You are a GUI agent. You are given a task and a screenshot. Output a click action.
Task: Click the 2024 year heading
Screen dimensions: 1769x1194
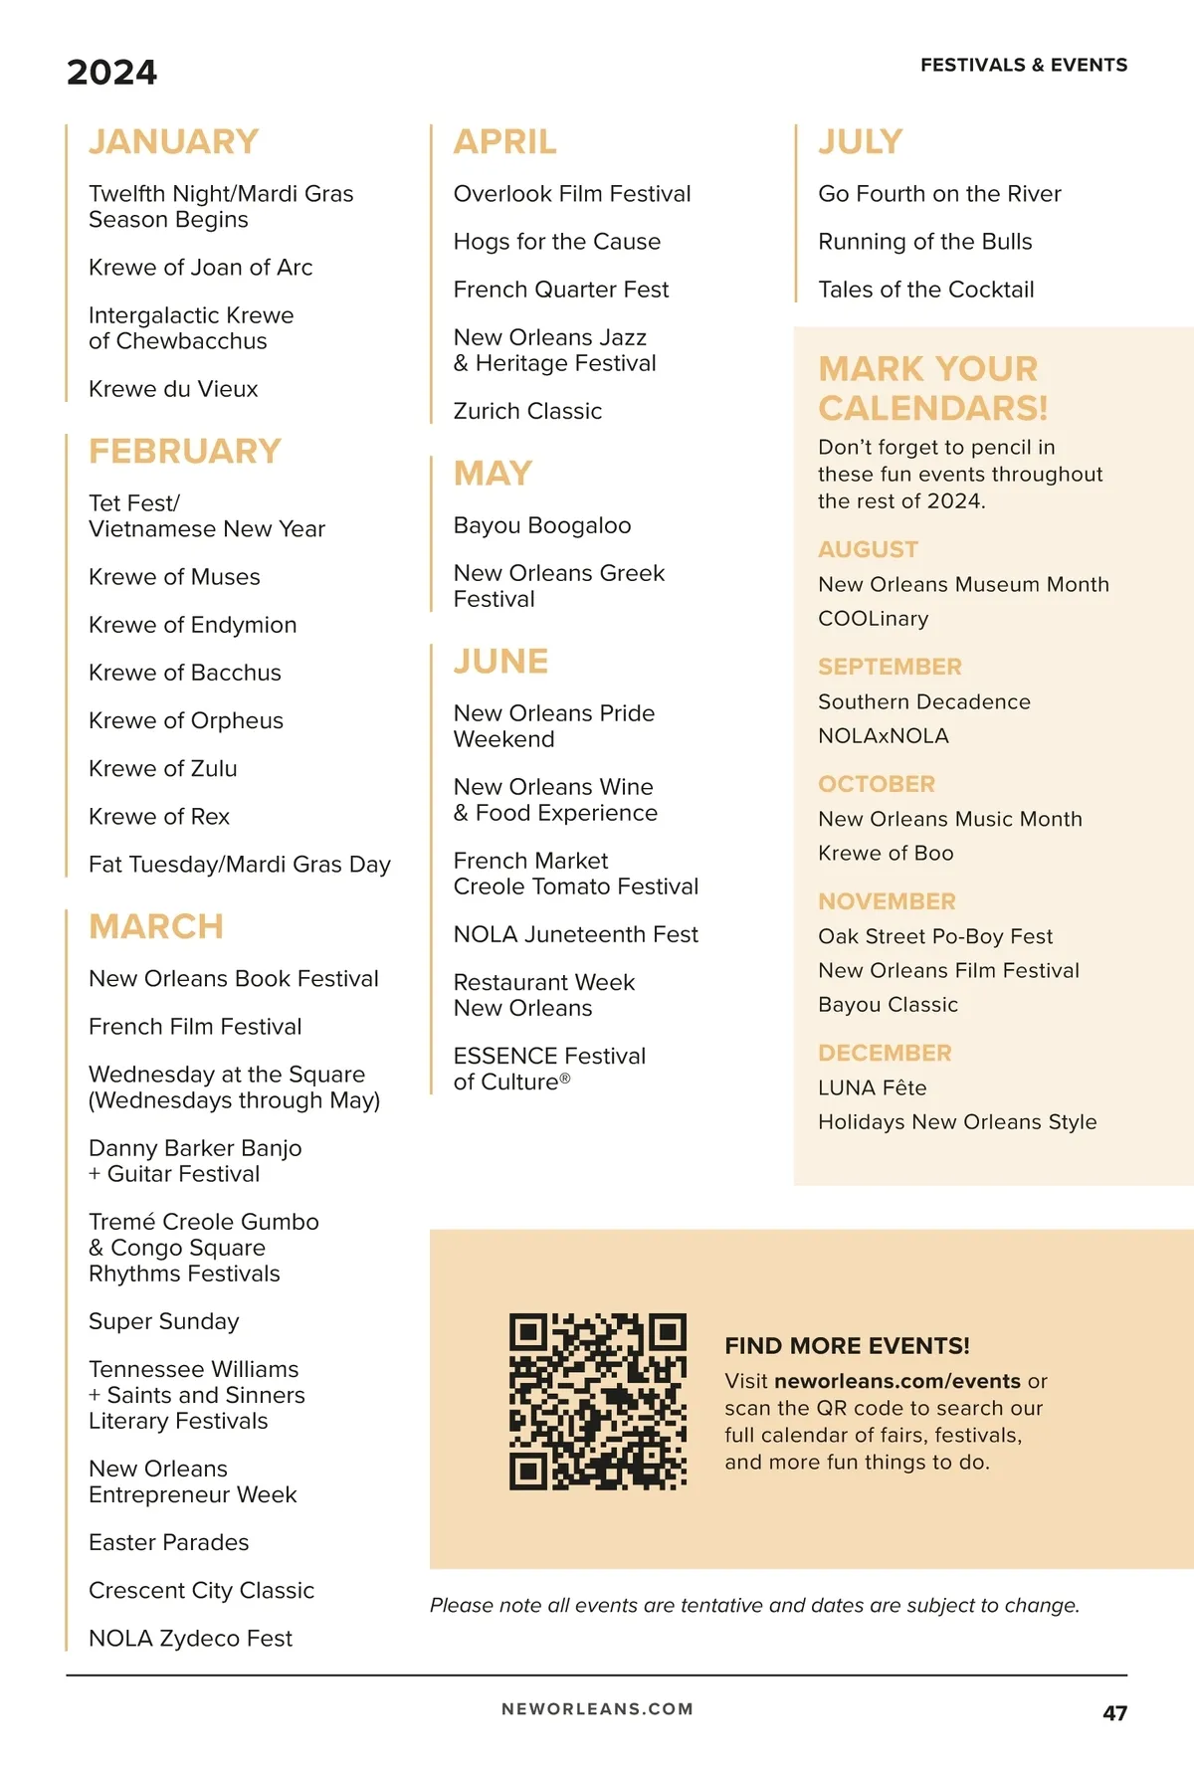pos(111,73)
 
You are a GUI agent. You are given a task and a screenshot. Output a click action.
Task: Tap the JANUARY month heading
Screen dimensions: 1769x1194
pos(173,141)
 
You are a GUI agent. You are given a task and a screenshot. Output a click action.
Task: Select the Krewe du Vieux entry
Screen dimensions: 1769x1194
pos(173,389)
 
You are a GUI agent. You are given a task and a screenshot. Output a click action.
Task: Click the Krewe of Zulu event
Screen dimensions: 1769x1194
pos(163,768)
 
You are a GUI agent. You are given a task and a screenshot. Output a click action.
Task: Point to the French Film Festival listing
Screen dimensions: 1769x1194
pos(195,1027)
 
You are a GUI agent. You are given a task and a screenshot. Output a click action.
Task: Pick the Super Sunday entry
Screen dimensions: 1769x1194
pos(164,1321)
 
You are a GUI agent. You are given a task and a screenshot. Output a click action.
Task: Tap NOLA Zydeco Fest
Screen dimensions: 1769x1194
pos(190,1638)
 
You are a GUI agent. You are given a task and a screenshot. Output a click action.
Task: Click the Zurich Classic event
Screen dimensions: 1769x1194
pos(527,411)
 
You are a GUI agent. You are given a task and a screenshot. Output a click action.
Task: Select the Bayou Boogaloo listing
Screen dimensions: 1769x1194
pos(542,525)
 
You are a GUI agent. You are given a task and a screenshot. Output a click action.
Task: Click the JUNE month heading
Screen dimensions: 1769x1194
pos(500,662)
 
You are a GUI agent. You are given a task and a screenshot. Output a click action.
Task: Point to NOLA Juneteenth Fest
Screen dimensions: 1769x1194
pos(576,934)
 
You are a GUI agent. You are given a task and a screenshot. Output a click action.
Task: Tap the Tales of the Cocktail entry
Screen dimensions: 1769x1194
pos(926,290)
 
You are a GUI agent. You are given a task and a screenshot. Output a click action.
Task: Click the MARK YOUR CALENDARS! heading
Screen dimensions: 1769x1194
pos(932,388)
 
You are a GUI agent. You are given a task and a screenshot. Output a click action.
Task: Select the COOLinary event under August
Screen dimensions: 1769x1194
pos(873,619)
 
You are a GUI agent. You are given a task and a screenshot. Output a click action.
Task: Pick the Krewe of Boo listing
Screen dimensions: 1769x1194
pos(886,853)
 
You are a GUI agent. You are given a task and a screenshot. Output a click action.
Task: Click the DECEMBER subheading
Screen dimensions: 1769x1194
pos(885,1053)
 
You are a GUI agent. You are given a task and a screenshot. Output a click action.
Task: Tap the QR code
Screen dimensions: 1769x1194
pos(598,1401)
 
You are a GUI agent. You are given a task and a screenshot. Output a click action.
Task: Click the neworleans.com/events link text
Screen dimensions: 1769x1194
pos(897,1381)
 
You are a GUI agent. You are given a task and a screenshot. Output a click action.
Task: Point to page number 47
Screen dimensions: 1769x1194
pos(1114,1713)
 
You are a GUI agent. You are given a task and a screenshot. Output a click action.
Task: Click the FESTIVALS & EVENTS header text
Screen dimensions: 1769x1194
pos(1024,66)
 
